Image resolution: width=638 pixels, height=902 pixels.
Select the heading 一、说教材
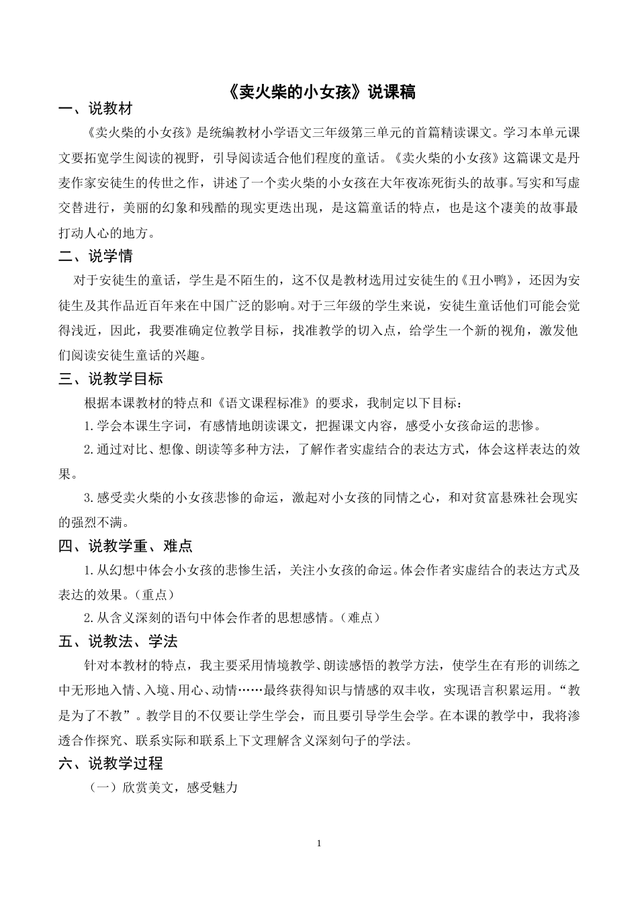click(x=95, y=109)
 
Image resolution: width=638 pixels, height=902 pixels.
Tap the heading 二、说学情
click(x=95, y=256)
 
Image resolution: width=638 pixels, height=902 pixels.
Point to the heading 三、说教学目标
click(x=110, y=379)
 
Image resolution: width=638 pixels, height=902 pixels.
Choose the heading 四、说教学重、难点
click(x=125, y=546)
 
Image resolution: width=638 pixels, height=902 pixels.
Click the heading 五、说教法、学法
click(x=118, y=642)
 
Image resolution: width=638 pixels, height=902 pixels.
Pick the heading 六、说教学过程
click(x=110, y=764)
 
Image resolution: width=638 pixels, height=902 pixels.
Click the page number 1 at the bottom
click(x=319, y=843)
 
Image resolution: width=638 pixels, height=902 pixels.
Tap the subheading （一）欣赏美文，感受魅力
click(x=164, y=787)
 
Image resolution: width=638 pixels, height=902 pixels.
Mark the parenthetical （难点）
click(x=357, y=618)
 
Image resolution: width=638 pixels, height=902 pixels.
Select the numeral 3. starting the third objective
click(x=90, y=498)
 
